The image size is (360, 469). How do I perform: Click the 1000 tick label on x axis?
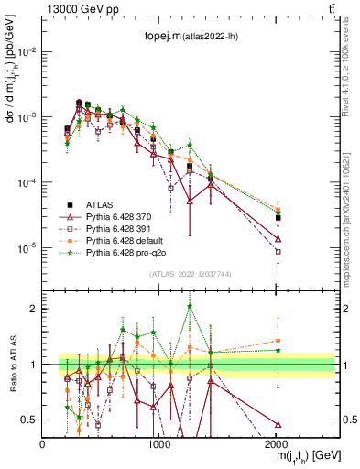click(x=159, y=443)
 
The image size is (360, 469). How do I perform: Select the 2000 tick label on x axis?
click(x=277, y=443)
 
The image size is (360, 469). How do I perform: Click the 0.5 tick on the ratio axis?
click(x=33, y=420)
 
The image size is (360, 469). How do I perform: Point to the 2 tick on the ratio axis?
click(x=35, y=309)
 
